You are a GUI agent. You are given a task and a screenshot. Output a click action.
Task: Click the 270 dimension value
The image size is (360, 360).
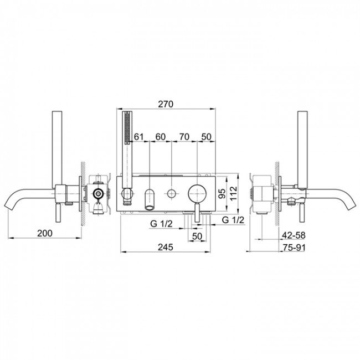pyautogui.click(x=166, y=104)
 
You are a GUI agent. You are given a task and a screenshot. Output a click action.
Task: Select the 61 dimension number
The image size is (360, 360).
pyautogui.click(x=138, y=137)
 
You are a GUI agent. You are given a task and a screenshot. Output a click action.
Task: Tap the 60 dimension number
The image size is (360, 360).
pyautogui.click(x=160, y=137)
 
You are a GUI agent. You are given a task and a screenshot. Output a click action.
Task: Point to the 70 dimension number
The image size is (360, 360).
pyautogui.click(x=184, y=137)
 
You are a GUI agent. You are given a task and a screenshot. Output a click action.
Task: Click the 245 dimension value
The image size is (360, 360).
pyautogui.click(x=165, y=247)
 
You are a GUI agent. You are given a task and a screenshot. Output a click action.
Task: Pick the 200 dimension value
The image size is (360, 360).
pyautogui.click(x=45, y=233)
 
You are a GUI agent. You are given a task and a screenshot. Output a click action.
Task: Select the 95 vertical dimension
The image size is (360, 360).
pyautogui.click(x=222, y=193)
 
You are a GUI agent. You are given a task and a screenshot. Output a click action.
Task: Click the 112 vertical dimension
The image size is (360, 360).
pyautogui.click(x=233, y=193)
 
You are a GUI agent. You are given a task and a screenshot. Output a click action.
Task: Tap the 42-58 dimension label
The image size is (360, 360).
pyautogui.click(x=294, y=235)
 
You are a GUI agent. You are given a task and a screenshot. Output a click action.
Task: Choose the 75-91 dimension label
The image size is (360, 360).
pyautogui.click(x=294, y=248)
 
